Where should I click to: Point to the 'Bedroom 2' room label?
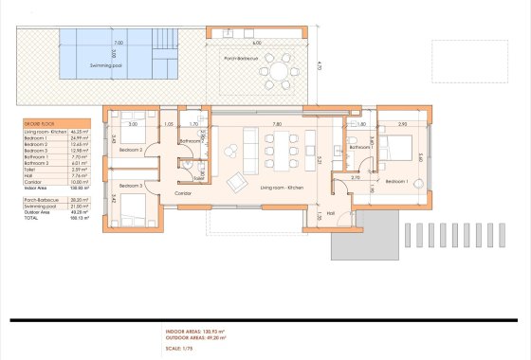[x=129, y=150]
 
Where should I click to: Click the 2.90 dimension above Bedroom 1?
[x=402, y=124]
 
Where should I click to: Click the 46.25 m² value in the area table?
[x=80, y=132]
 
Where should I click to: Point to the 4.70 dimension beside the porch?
[x=322, y=65]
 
